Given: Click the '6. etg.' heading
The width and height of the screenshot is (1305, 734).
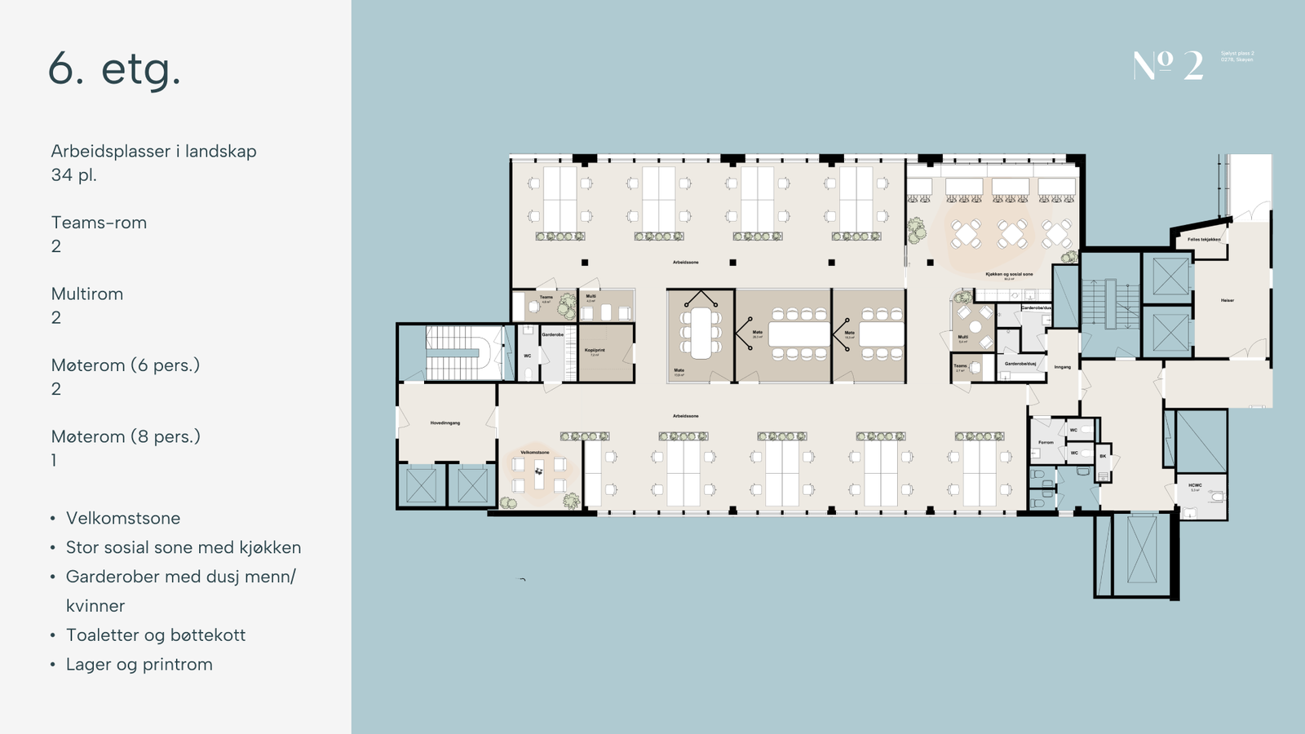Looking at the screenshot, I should click(114, 69).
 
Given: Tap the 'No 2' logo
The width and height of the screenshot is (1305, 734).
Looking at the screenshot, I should click(1168, 65).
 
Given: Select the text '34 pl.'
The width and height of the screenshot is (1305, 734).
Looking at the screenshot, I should click(73, 175).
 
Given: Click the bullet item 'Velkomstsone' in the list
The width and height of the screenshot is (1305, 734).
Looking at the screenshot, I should click(123, 518).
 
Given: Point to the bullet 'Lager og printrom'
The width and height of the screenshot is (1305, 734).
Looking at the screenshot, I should click(139, 664).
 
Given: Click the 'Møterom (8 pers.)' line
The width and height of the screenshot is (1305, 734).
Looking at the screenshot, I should click(126, 436).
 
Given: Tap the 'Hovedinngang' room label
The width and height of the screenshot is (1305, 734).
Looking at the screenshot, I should click(445, 422).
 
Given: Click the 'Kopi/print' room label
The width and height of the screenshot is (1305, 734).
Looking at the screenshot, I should click(595, 350).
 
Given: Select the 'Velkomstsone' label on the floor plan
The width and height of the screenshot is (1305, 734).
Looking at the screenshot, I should click(535, 452).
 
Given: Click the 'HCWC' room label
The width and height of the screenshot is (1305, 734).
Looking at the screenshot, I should click(1195, 485).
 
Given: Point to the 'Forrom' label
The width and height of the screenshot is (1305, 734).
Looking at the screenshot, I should click(1046, 442).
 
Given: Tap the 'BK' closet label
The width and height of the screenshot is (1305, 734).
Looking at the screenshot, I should click(1103, 456).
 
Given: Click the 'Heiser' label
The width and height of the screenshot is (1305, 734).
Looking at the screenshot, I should click(1228, 300).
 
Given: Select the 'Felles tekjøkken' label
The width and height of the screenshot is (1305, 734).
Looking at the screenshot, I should click(1204, 240).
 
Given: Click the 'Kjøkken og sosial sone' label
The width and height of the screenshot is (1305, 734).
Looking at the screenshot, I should click(1009, 274).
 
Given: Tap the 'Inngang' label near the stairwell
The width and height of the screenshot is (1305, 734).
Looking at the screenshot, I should click(1062, 367).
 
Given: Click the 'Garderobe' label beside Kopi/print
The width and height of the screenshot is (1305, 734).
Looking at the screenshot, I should click(552, 334).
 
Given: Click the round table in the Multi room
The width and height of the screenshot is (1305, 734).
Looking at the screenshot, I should click(975, 326).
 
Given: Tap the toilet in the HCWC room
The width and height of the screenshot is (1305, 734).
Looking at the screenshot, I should click(1216, 496).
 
